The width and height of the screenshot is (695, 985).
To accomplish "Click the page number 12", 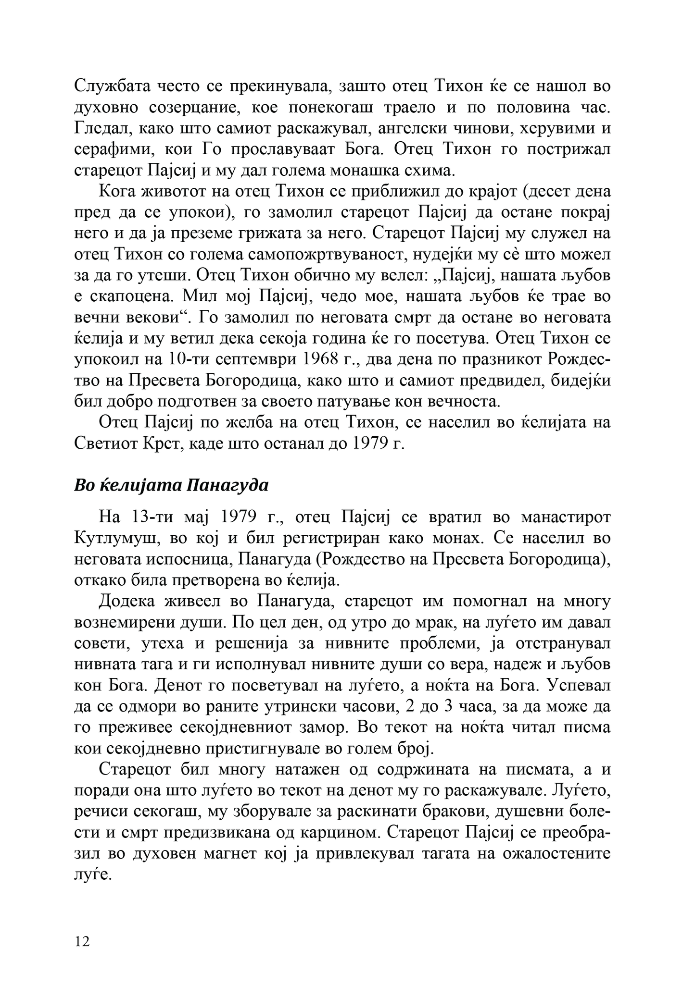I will tap(82, 942).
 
